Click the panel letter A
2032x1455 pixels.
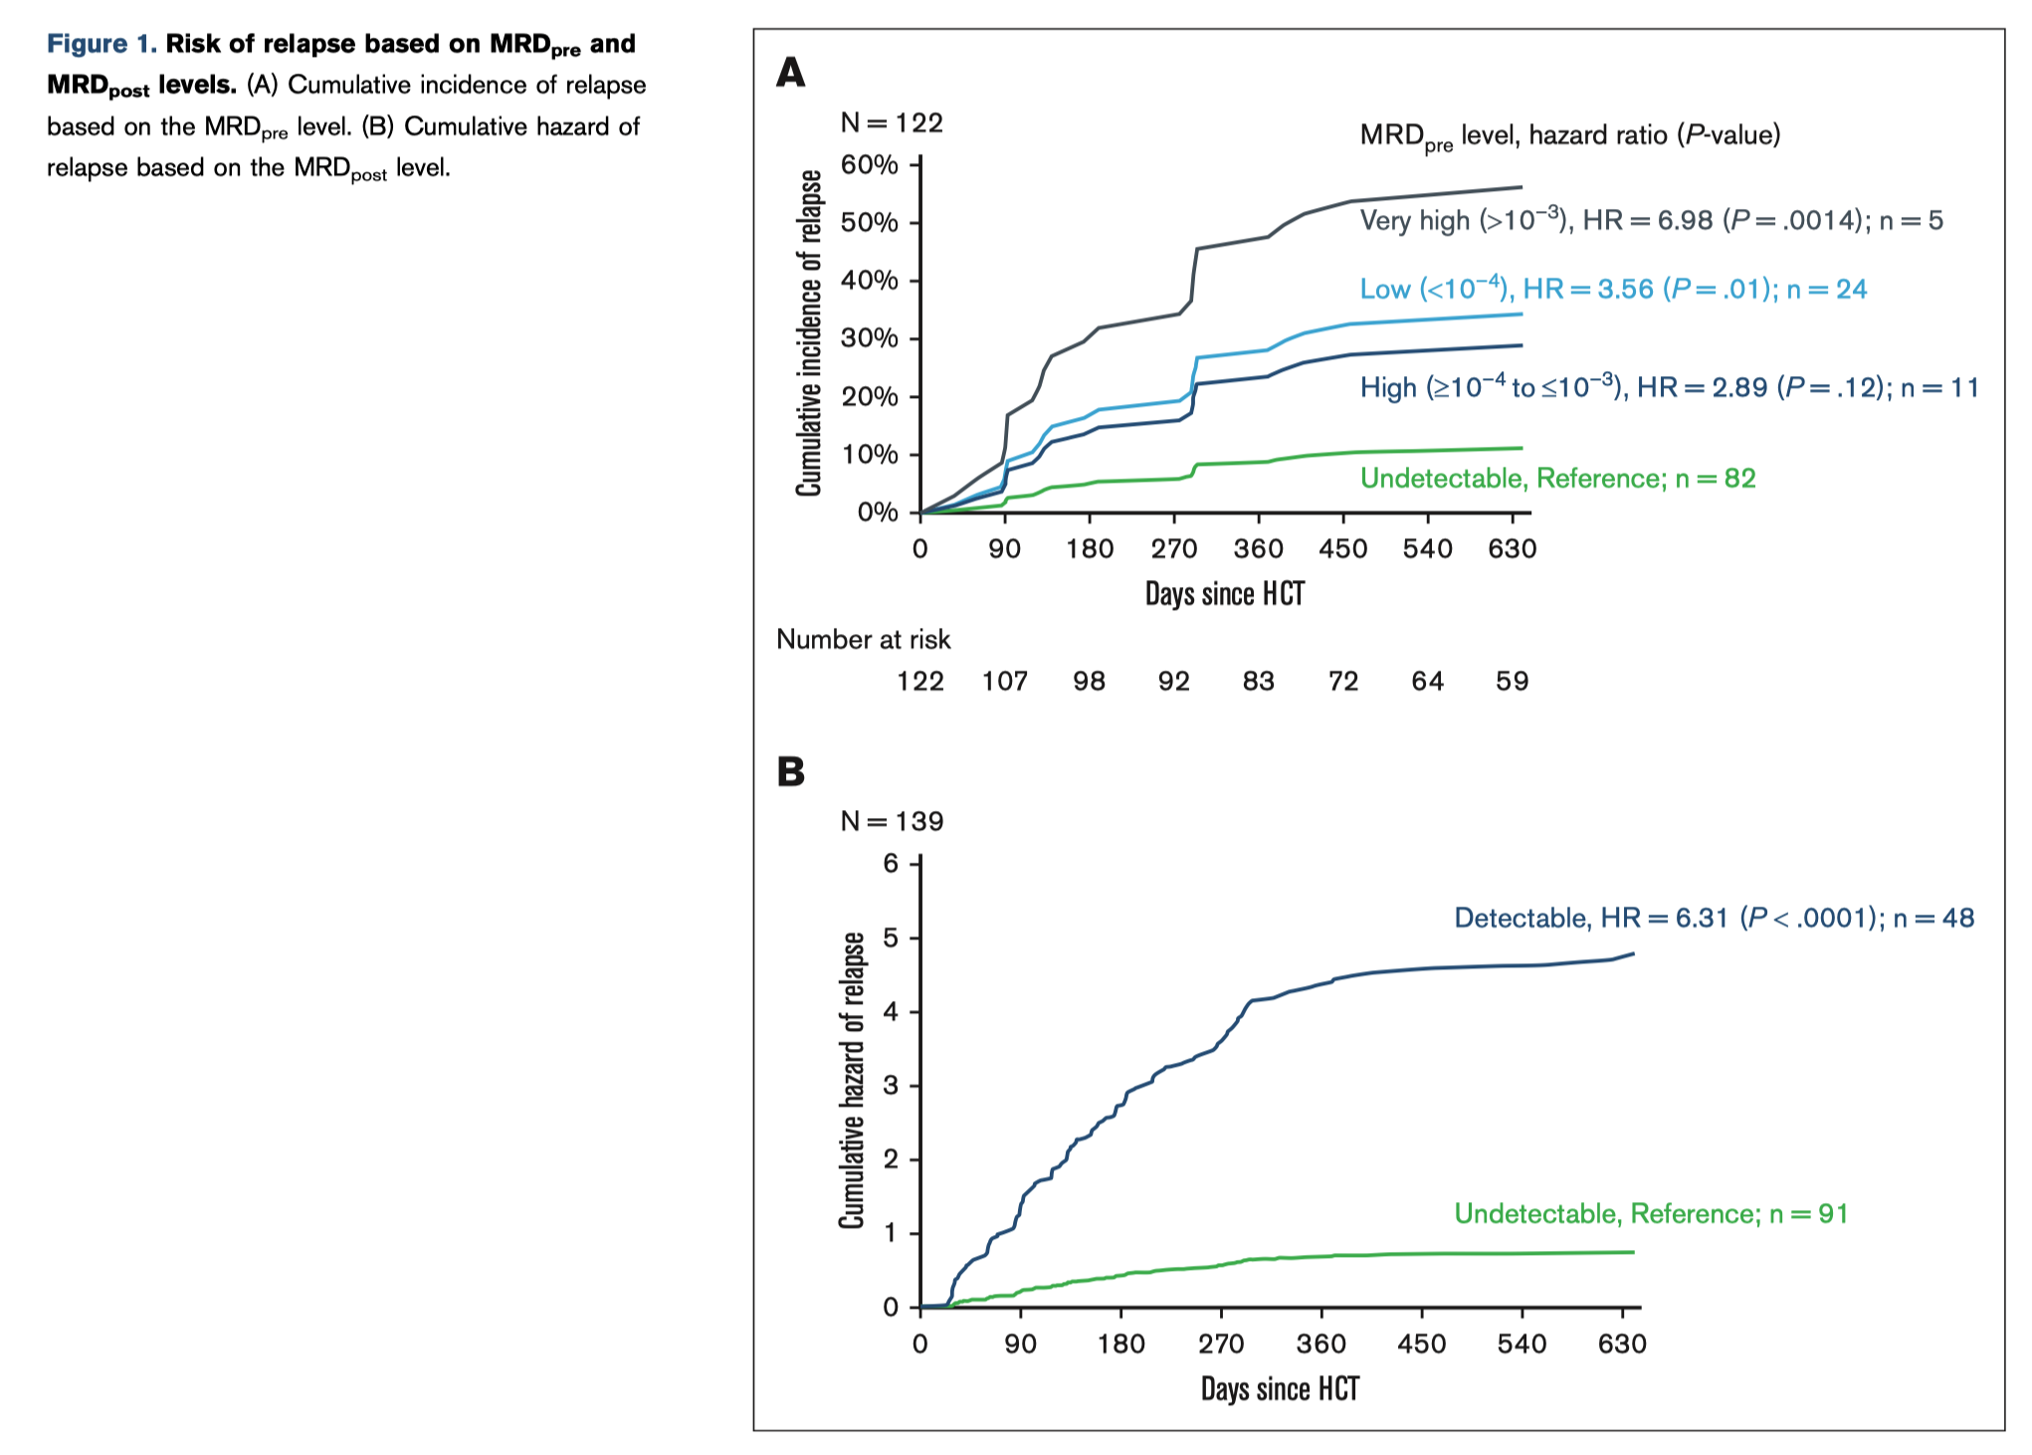point(790,73)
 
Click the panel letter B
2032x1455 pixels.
point(790,772)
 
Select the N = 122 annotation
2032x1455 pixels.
point(892,122)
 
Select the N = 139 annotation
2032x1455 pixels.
point(892,821)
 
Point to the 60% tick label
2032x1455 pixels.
point(869,164)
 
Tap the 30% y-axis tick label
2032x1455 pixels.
point(869,338)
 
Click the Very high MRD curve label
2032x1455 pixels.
point(1651,220)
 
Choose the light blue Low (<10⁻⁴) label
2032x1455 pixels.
point(1613,290)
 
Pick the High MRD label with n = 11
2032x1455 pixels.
point(1669,387)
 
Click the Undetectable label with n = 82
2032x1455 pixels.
point(1557,479)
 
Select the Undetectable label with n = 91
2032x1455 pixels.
point(1651,1214)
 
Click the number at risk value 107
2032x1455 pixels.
point(1005,681)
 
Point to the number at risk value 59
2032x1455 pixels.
point(1512,681)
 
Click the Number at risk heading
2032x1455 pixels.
point(863,639)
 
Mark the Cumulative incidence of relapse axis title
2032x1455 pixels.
point(810,333)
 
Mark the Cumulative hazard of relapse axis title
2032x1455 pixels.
point(852,1080)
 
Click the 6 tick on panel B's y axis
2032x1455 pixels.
point(891,863)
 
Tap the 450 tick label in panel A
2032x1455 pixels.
point(1343,548)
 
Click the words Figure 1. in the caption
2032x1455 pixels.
point(102,44)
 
